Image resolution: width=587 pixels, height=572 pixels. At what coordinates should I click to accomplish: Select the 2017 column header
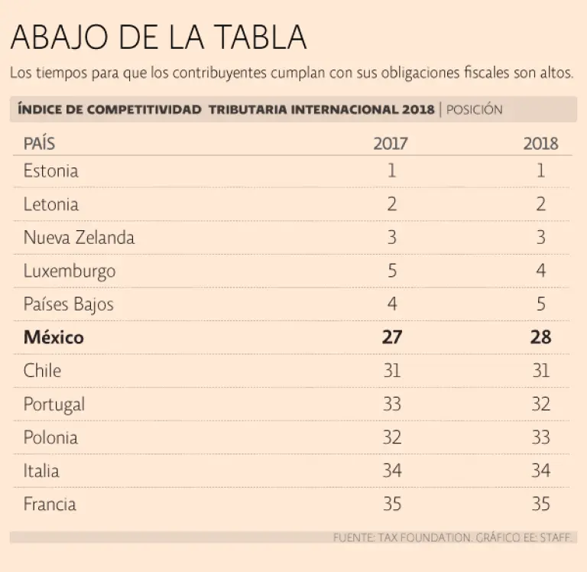pos(391,144)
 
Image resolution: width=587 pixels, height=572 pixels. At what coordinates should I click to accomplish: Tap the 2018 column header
pos(540,144)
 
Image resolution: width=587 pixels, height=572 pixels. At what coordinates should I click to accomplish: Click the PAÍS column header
pos(40,144)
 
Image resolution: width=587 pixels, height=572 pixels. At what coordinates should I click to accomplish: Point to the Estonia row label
pos(50,171)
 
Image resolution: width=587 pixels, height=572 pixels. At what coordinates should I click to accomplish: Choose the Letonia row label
pos(50,204)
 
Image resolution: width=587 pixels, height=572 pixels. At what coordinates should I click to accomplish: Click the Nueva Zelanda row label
pos(79,237)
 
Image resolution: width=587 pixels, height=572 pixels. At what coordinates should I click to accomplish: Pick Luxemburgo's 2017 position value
pos(392,271)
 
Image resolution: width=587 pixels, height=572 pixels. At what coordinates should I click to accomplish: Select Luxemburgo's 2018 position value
pos(541,271)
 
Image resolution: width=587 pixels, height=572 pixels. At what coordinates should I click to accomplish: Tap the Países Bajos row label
pos(68,304)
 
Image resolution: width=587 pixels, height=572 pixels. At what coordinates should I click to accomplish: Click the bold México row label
pos(54,337)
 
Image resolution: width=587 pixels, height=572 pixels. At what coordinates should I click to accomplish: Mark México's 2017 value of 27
pos(392,337)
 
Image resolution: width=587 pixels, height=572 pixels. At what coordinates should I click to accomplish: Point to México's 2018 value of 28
pos(540,337)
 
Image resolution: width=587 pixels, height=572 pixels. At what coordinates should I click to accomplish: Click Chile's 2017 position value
pos(392,371)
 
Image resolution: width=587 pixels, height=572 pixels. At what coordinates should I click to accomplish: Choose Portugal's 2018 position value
pos(540,404)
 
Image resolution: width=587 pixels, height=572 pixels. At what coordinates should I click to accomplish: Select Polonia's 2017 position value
pos(392,437)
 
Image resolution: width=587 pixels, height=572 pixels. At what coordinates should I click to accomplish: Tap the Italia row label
pos(41,470)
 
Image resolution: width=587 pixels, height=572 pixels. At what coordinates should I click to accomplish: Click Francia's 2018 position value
pos(540,504)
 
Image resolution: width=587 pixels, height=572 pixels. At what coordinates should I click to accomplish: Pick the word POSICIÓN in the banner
pos(474,109)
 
